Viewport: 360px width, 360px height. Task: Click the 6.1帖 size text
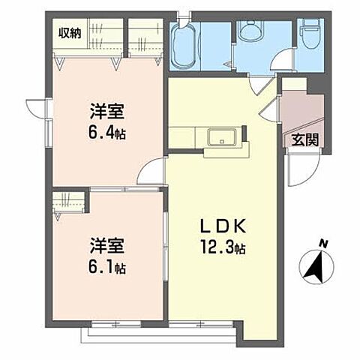tap(107, 266)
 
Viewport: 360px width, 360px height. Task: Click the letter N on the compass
tap(322, 243)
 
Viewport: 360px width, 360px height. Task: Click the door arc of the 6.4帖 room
tap(152, 174)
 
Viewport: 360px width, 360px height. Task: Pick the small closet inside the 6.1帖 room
tap(70, 202)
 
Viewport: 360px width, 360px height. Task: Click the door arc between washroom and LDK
tap(259, 85)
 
